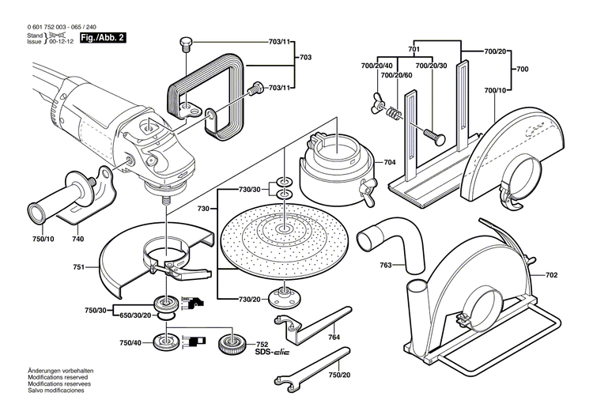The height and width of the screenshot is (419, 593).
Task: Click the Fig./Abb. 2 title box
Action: pos(103,38)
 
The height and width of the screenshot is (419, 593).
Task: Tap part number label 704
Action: pos(390,162)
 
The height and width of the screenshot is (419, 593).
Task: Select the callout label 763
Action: pos(386,265)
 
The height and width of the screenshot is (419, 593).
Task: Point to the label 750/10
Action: pos(43,239)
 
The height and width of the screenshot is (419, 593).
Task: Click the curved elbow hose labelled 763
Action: pos(393,242)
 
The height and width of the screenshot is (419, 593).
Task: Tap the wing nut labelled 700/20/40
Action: pos(377,104)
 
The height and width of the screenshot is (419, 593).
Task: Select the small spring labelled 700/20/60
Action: pos(392,113)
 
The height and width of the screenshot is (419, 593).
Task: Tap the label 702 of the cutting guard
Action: pos(551,275)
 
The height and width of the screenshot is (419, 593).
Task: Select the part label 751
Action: pos(78,267)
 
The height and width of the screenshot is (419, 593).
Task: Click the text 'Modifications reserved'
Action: pos(58,377)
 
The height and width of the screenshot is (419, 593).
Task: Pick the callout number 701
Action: pos(414,49)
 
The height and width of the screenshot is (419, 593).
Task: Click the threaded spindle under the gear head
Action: pos(165,200)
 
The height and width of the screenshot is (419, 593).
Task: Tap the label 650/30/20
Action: pos(135,315)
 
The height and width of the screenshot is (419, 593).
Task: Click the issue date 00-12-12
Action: pos(61,42)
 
